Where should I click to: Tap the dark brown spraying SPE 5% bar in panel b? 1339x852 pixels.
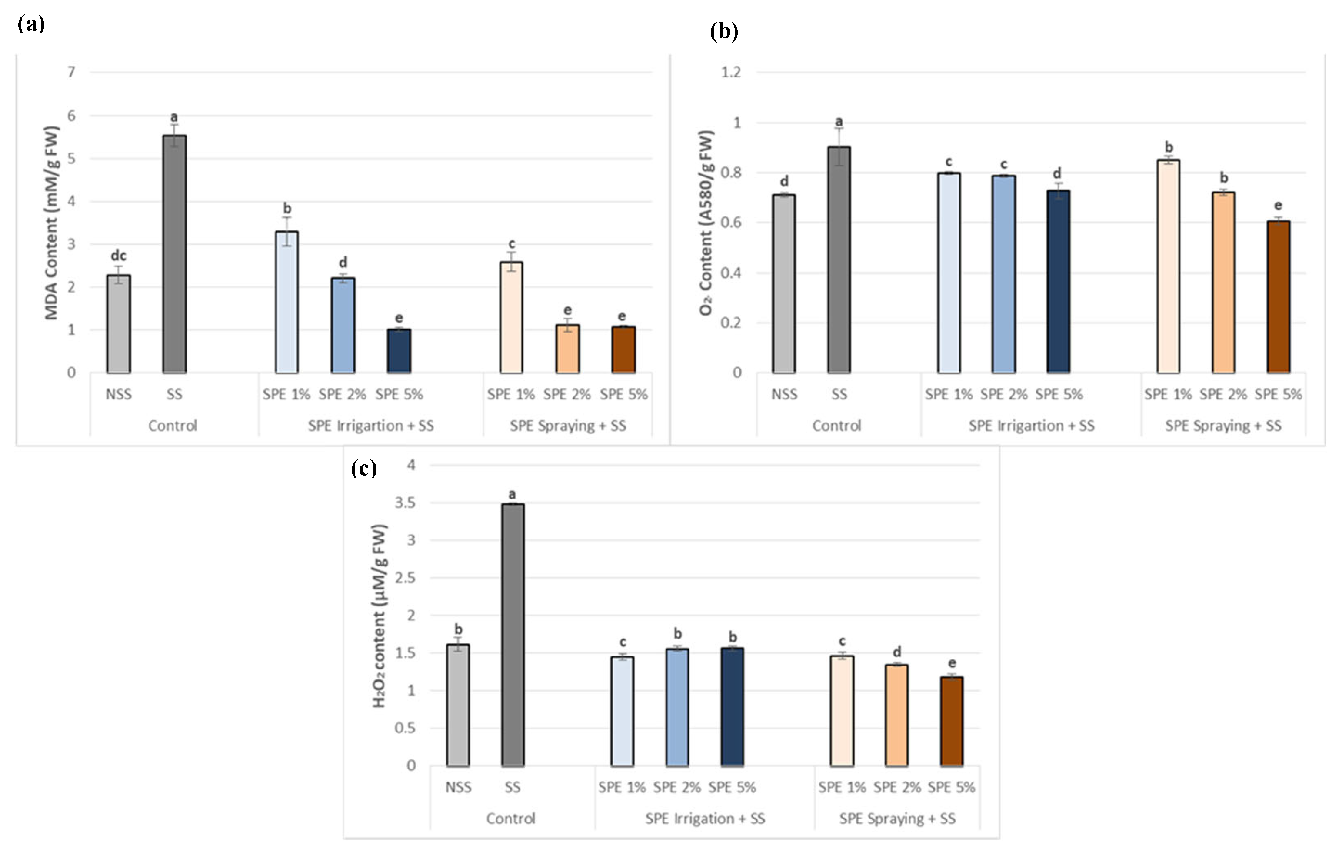point(1279,297)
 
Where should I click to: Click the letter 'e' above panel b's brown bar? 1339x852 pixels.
point(1278,205)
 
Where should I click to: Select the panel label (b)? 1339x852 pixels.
point(724,32)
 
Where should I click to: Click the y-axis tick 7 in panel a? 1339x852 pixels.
point(71,72)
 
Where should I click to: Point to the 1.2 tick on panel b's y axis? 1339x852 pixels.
point(731,72)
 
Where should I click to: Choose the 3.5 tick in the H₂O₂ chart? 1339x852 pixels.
point(405,503)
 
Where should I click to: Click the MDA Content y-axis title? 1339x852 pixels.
point(51,223)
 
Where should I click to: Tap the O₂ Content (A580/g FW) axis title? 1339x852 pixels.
point(706,223)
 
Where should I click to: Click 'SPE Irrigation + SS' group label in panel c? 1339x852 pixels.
point(705,819)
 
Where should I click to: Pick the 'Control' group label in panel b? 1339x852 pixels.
point(836,426)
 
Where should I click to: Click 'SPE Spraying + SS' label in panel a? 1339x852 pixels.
point(568,426)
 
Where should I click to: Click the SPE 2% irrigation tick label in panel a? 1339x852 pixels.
point(342,394)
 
